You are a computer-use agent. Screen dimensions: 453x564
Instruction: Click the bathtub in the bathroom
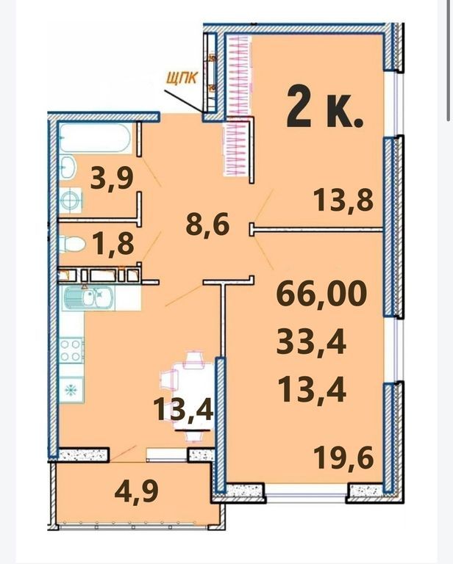pos(95,138)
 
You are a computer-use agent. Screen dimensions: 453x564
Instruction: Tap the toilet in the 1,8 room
pos(72,245)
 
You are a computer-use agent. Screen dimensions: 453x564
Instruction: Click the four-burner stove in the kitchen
pos(71,351)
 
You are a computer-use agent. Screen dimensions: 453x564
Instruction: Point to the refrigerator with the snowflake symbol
pos(71,389)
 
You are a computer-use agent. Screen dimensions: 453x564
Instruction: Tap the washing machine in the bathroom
pos(71,200)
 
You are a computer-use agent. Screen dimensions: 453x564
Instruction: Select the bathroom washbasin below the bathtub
pos(68,167)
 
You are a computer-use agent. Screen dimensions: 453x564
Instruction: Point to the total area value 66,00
pos(321,292)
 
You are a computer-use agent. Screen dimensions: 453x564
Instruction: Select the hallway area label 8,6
pos(207,225)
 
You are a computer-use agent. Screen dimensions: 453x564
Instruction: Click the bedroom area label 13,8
pos(343,200)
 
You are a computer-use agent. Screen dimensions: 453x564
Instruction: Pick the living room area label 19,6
pos(343,457)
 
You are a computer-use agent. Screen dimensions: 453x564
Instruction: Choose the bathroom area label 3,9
pos(112,178)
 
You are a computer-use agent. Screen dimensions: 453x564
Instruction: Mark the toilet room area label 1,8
pos(113,243)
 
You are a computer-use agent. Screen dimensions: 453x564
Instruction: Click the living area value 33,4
pos(311,341)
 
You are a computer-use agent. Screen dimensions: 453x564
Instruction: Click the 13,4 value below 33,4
pos(312,391)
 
